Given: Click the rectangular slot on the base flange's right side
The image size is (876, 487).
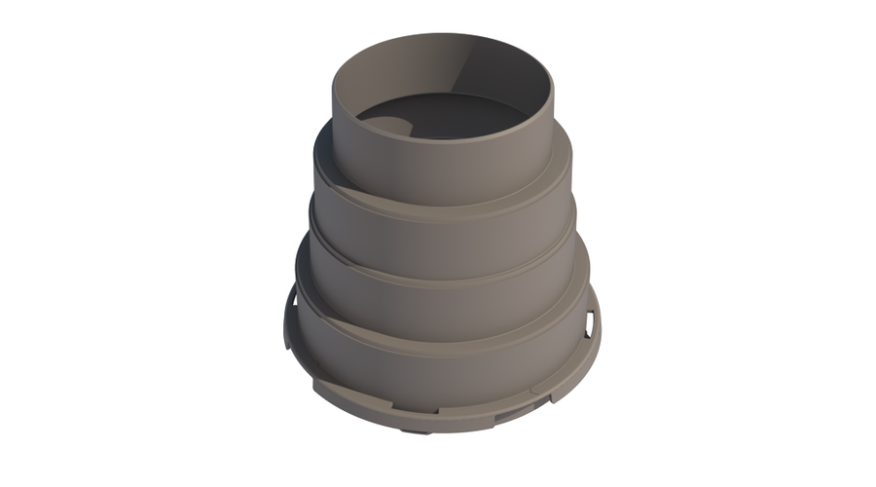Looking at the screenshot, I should [x=591, y=322].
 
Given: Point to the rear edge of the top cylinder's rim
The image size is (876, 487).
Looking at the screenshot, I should [x=448, y=36].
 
